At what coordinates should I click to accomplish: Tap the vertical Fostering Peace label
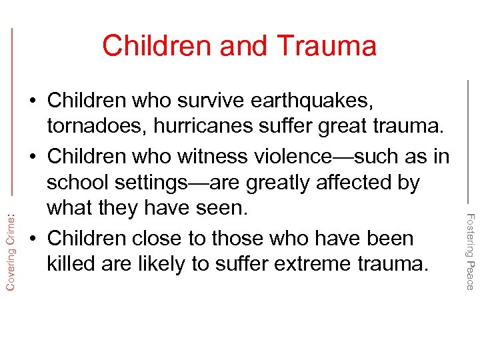coord(469,251)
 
